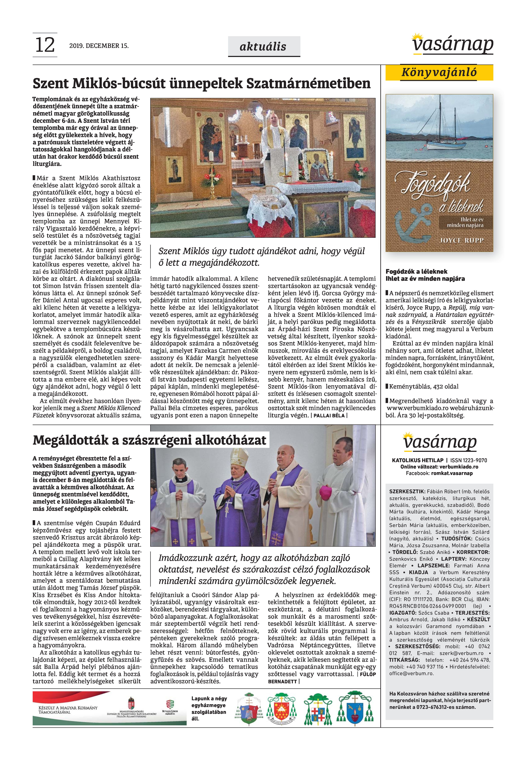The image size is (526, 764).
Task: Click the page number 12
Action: coord(45,45)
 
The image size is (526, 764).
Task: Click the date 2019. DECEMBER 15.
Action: coord(99,46)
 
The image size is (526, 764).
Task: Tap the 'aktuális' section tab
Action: coord(263,47)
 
